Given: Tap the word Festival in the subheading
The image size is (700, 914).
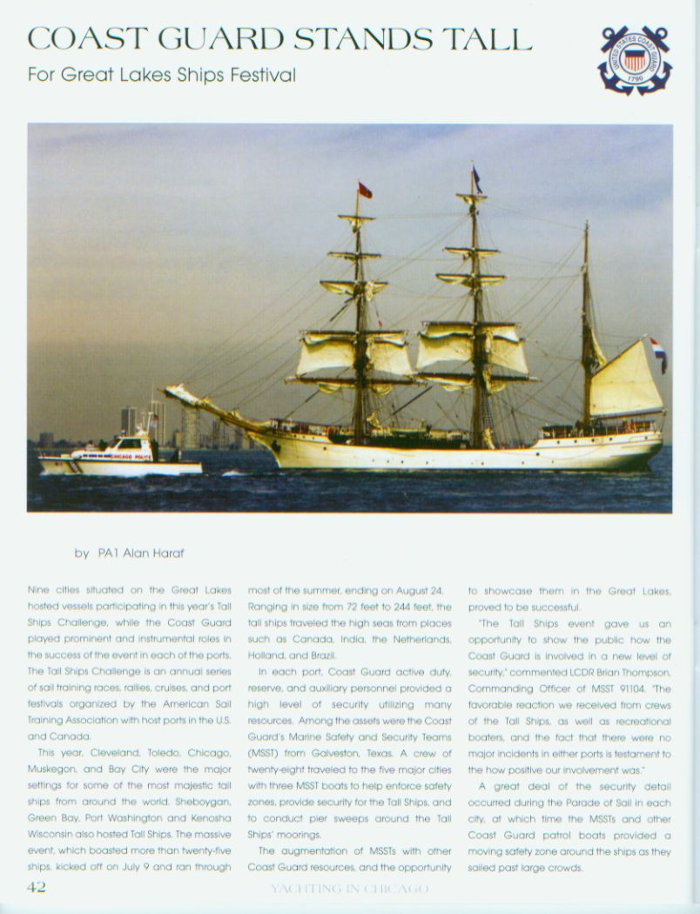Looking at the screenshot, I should (260, 75).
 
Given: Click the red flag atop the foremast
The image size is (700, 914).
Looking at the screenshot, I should (365, 190).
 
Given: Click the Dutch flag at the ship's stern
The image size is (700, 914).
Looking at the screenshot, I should (658, 350).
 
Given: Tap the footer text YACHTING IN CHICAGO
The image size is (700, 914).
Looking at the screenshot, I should (349, 888).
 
